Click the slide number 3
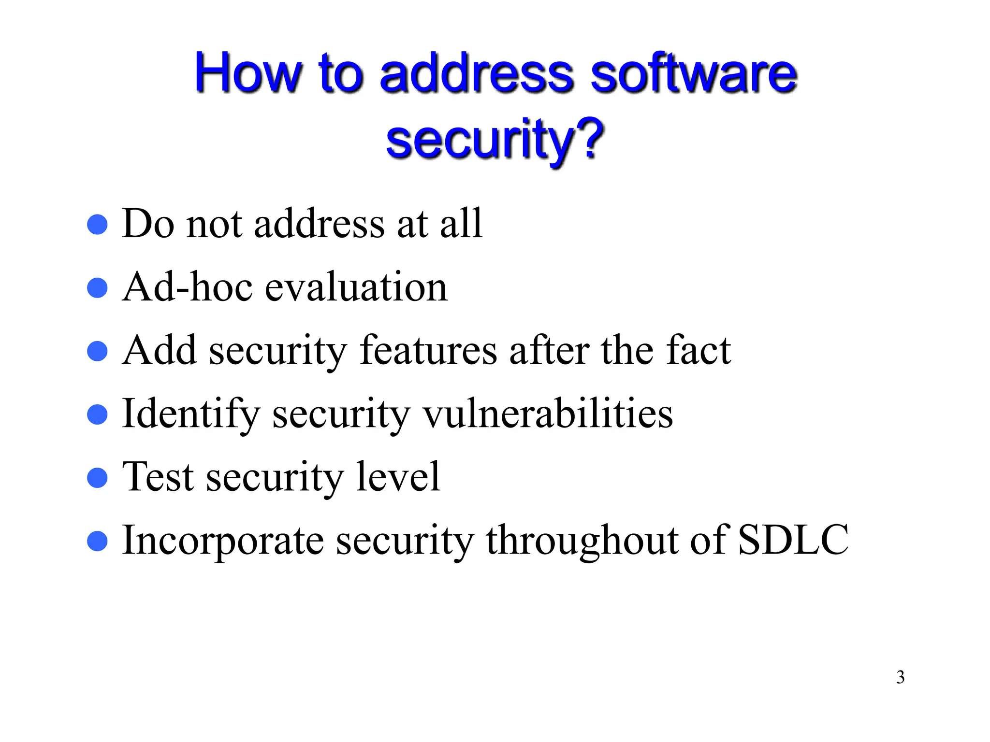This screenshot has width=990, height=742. point(900,677)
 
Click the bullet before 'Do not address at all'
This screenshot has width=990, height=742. point(97,225)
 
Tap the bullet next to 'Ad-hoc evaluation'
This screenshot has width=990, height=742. point(97,288)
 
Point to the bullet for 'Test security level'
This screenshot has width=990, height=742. point(97,478)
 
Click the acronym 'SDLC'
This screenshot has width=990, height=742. point(793,540)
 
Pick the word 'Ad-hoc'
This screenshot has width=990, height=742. point(188,287)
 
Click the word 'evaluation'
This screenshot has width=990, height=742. point(356,287)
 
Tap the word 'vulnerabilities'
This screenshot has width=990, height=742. point(548,414)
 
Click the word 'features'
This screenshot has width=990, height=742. point(428,350)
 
